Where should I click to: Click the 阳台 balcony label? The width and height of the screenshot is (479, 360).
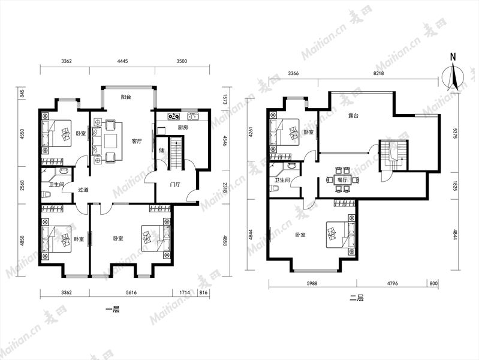(126, 97)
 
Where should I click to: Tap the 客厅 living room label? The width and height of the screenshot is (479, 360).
(137, 142)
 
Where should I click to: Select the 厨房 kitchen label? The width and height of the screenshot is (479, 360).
(183, 127)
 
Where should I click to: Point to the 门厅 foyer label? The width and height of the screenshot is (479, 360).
(174, 184)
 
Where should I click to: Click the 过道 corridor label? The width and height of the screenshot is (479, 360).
(83, 190)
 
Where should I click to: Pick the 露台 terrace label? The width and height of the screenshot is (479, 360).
(353, 116)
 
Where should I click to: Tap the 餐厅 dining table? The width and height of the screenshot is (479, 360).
(342, 180)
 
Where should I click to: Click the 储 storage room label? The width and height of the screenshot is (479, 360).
(161, 150)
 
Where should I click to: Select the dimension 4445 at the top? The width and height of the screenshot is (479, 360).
(122, 61)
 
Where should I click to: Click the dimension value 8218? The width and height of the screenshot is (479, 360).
(378, 73)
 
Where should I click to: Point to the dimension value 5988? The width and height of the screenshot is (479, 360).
(312, 283)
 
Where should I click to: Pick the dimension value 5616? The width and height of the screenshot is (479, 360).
(131, 292)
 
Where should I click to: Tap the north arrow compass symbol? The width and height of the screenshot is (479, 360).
(453, 75)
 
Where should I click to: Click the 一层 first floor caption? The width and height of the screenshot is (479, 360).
(113, 310)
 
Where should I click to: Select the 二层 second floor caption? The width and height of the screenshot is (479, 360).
(357, 298)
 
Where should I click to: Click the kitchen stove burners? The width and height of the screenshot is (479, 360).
(173, 116)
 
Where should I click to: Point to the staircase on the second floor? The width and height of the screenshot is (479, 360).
(393, 155)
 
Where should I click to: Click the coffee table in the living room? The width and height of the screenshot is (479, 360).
(110, 142)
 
